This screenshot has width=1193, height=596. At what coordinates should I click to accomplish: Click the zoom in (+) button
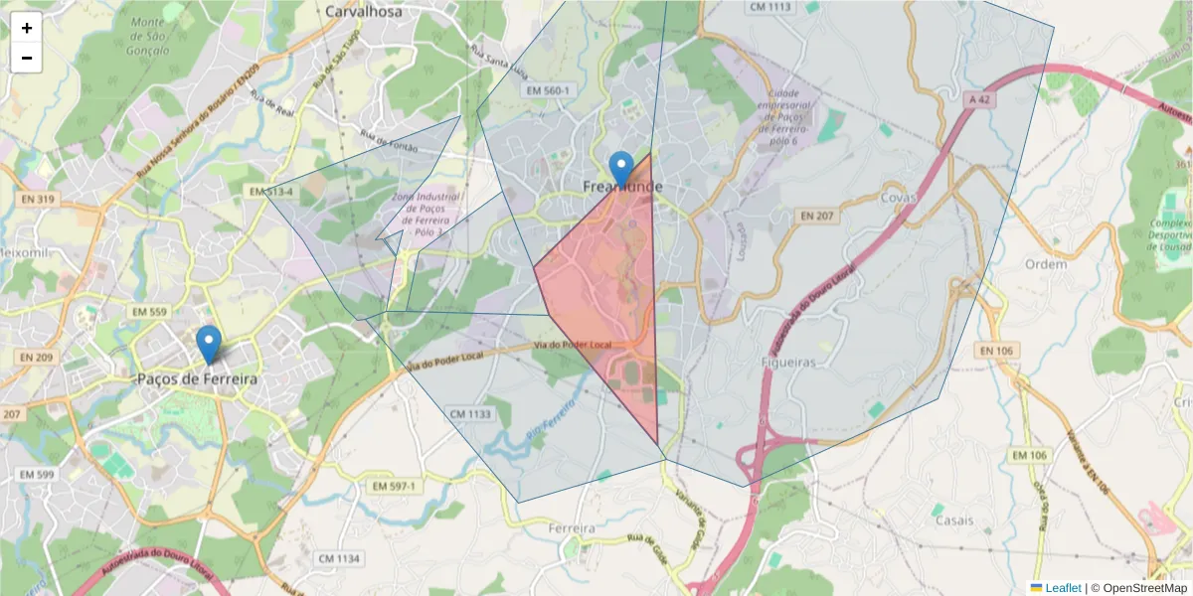[27, 28]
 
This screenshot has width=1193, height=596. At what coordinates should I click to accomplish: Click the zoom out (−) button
[27, 58]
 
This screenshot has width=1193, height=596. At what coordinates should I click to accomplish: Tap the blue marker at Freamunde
[621, 170]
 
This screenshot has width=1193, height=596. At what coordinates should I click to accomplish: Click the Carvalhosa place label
[363, 11]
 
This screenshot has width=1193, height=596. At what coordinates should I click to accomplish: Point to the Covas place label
[898, 197]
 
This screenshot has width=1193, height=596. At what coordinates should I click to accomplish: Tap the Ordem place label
[1045, 264]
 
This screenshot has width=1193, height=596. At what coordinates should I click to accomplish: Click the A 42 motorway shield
[979, 99]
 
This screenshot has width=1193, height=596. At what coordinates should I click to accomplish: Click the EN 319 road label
[37, 200]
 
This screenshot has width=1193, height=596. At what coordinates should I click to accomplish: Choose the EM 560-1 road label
[549, 90]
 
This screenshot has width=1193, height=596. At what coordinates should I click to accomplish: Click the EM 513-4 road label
[271, 191]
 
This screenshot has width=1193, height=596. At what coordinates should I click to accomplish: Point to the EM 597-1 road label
[394, 486]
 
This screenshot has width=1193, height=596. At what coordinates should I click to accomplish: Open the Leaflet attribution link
[1063, 588]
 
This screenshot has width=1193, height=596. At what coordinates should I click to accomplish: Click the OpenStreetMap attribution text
[1138, 588]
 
